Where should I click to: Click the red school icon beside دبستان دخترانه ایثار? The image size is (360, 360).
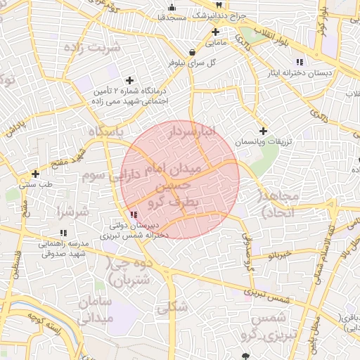tap(300, 62)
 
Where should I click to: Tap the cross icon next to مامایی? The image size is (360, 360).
tap(215, 32)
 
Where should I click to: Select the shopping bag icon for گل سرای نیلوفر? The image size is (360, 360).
tap(192, 51)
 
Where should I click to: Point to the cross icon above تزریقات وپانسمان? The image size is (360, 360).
tap(263, 130)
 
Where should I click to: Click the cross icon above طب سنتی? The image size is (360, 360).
tap(35, 173)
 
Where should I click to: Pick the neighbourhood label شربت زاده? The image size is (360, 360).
tap(91, 48)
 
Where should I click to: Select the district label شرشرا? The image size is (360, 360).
tap(73, 211)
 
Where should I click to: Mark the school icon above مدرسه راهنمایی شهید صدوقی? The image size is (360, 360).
tap(63, 232)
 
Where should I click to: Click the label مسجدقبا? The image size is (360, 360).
tap(172, 15)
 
